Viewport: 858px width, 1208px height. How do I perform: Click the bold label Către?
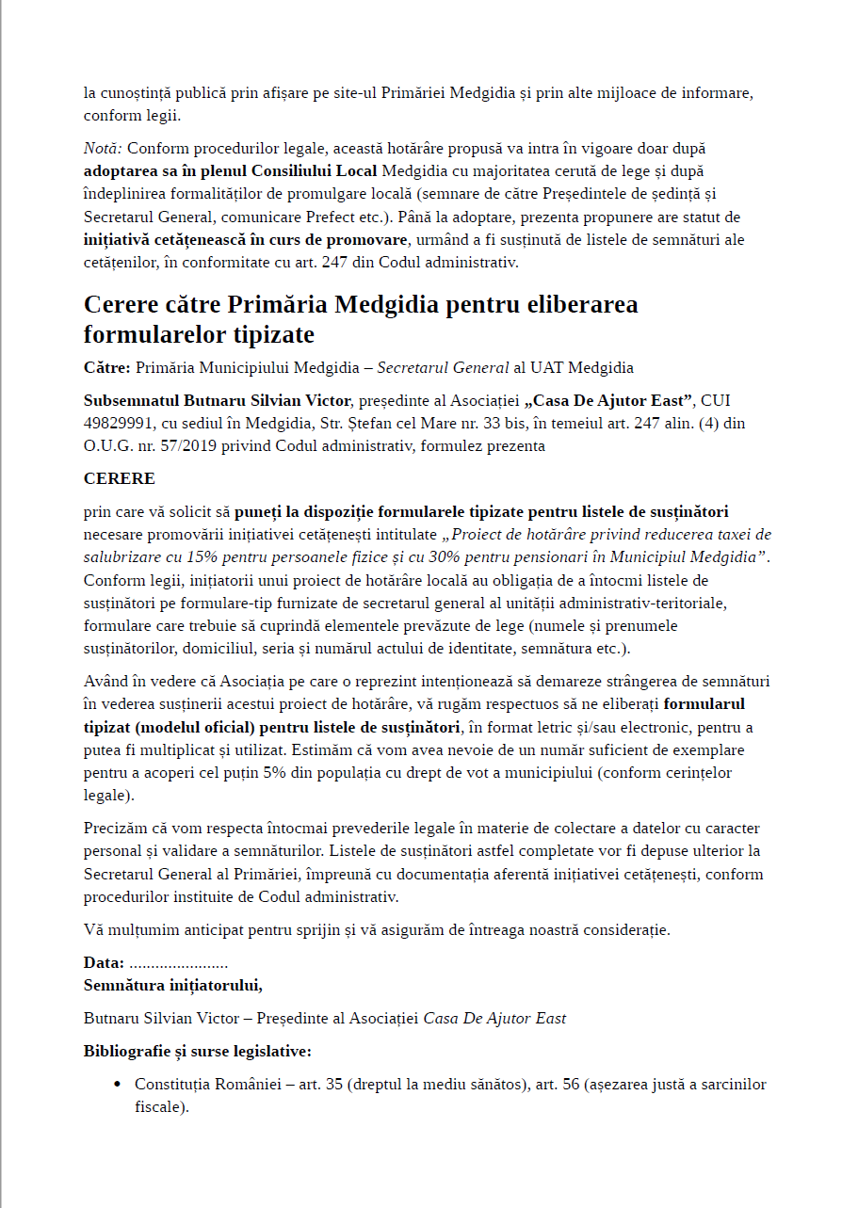tap(107, 367)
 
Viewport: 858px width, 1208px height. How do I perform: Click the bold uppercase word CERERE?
tap(120, 478)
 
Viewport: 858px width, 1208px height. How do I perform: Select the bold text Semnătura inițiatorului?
tap(173, 986)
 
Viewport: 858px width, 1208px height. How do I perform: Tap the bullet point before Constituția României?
tap(117, 1085)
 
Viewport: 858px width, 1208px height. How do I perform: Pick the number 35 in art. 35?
tap(333, 1085)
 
